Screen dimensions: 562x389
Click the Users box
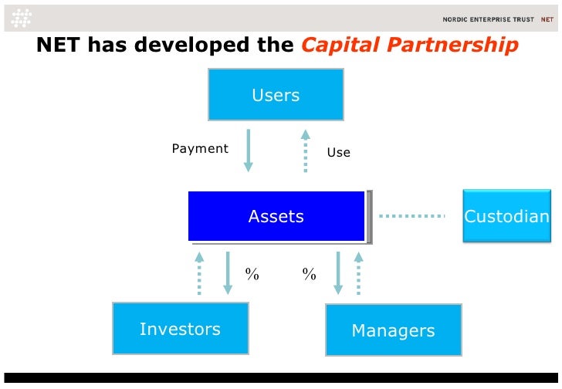coord(276,94)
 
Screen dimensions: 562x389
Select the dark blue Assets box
coord(276,216)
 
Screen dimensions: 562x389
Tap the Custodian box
coord(506,216)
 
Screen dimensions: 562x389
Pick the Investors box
coord(180,329)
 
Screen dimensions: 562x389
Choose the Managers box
coord(393,330)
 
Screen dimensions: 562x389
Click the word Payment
coord(199,148)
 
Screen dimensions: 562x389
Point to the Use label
coord(338,152)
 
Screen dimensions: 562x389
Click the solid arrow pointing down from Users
coord(248,150)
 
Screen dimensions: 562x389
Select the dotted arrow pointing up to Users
coord(306,150)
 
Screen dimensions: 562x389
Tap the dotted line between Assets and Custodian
coord(412,216)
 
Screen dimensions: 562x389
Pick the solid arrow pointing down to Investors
coord(228,272)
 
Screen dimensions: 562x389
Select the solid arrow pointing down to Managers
coord(337,272)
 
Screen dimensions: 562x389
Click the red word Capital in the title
coord(338,46)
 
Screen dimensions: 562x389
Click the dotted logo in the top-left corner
coord(22,17)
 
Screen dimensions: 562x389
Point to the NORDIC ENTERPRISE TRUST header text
coord(487,19)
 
